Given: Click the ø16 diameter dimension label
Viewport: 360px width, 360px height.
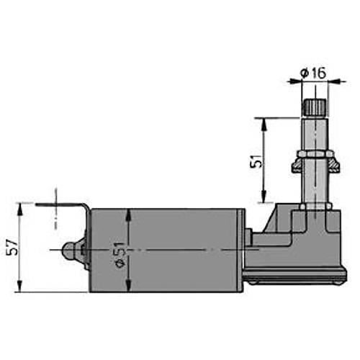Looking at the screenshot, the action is click(x=313, y=73).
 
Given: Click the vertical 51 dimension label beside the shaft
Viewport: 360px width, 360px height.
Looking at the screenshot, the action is click(x=256, y=161).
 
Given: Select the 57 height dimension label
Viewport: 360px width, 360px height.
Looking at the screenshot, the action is click(x=12, y=247).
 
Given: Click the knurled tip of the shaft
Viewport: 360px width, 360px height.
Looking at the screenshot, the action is click(x=314, y=107).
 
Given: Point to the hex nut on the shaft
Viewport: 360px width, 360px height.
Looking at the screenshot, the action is click(x=315, y=153).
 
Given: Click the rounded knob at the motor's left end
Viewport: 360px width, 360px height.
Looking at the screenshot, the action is click(x=69, y=251).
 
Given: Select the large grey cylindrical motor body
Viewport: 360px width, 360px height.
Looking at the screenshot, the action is click(x=167, y=251).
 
